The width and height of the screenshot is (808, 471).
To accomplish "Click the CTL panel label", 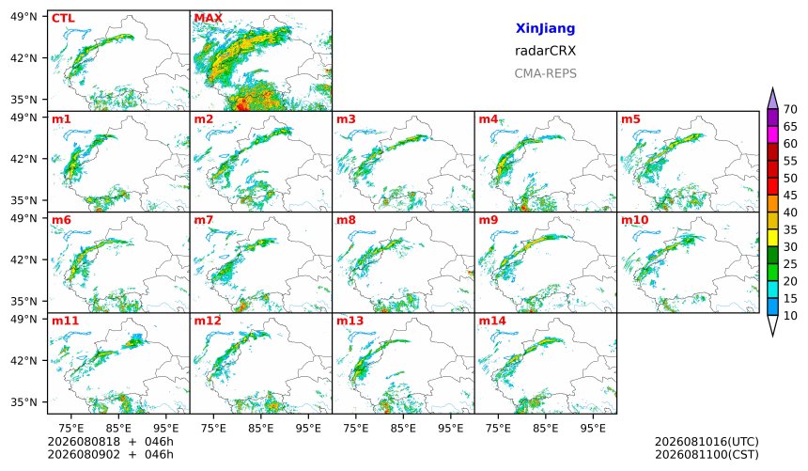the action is pyautogui.click(x=63, y=19).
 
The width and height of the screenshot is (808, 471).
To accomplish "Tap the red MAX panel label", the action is pyautogui.click(x=209, y=19).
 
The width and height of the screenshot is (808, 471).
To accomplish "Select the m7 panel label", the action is pyautogui.click(x=204, y=220).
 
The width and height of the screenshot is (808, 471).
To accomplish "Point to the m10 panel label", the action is pyautogui.click(x=635, y=220).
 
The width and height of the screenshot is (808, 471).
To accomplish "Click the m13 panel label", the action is pyautogui.click(x=350, y=321).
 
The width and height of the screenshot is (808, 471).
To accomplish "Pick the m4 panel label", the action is pyautogui.click(x=489, y=119).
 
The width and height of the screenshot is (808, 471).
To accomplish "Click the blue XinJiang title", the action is pyautogui.click(x=545, y=29).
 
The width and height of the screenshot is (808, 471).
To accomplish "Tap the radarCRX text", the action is pyautogui.click(x=545, y=51).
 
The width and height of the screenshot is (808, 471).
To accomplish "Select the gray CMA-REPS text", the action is pyautogui.click(x=545, y=73).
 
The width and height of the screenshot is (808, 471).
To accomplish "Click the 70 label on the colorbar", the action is pyautogui.click(x=790, y=109).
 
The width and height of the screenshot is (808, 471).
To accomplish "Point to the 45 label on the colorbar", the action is pyautogui.click(x=790, y=196).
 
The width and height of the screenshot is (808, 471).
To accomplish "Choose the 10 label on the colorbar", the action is pyautogui.click(x=790, y=316).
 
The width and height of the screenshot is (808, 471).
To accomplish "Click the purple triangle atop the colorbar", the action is pyautogui.click(x=772, y=100).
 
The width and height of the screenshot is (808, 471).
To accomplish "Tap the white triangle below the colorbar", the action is pyautogui.click(x=772, y=324).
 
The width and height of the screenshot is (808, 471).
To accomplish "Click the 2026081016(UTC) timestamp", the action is pyautogui.click(x=707, y=442).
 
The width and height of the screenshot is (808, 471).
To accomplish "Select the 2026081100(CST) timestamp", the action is pyautogui.click(x=707, y=455).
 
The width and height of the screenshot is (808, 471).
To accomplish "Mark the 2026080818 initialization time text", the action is pyautogui.click(x=84, y=442).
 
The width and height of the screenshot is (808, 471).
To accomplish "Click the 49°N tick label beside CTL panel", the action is pyautogui.click(x=23, y=17).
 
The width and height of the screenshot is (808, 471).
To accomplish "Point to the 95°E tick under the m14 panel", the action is pyautogui.click(x=593, y=428).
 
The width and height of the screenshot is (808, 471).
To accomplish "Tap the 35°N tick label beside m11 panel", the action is pyautogui.click(x=23, y=402).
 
